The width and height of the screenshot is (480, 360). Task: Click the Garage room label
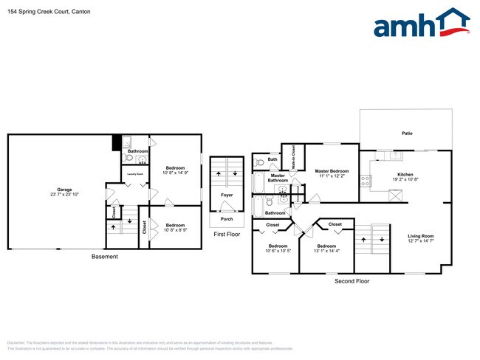click(65, 190)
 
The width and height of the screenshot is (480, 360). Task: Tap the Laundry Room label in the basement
click(135, 175)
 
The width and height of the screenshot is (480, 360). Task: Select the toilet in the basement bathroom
click(128, 159)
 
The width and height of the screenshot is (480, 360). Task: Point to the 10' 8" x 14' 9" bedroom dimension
click(175, 173)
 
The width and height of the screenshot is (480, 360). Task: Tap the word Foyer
click(227, 195)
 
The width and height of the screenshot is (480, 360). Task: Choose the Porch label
click(227, 219)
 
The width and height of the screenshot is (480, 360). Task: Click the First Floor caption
click(227, 235)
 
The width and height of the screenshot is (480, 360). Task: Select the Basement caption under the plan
click(103, 257)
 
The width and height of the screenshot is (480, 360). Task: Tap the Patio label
click(407, 134)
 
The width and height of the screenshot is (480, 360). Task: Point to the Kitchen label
click(405, 175)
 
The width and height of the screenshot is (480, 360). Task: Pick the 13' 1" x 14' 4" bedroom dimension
click(326, 251)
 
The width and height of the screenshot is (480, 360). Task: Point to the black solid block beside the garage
click(116, 143)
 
